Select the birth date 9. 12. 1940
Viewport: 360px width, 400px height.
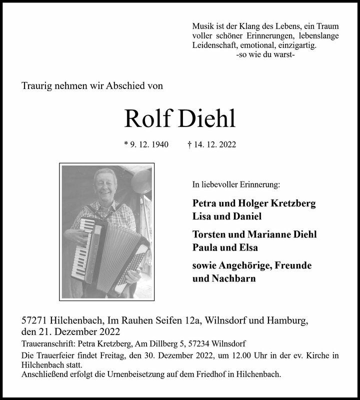pos(146,145)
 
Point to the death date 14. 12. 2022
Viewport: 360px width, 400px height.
pos(213,145)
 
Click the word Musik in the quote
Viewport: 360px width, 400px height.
pos(203,26)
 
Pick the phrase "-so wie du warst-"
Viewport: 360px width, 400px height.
pos(265,54)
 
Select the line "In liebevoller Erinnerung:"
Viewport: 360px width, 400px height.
pos(236,184)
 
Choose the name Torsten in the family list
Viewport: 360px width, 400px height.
pos(210,234)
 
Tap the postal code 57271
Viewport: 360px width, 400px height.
pos(35,320)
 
